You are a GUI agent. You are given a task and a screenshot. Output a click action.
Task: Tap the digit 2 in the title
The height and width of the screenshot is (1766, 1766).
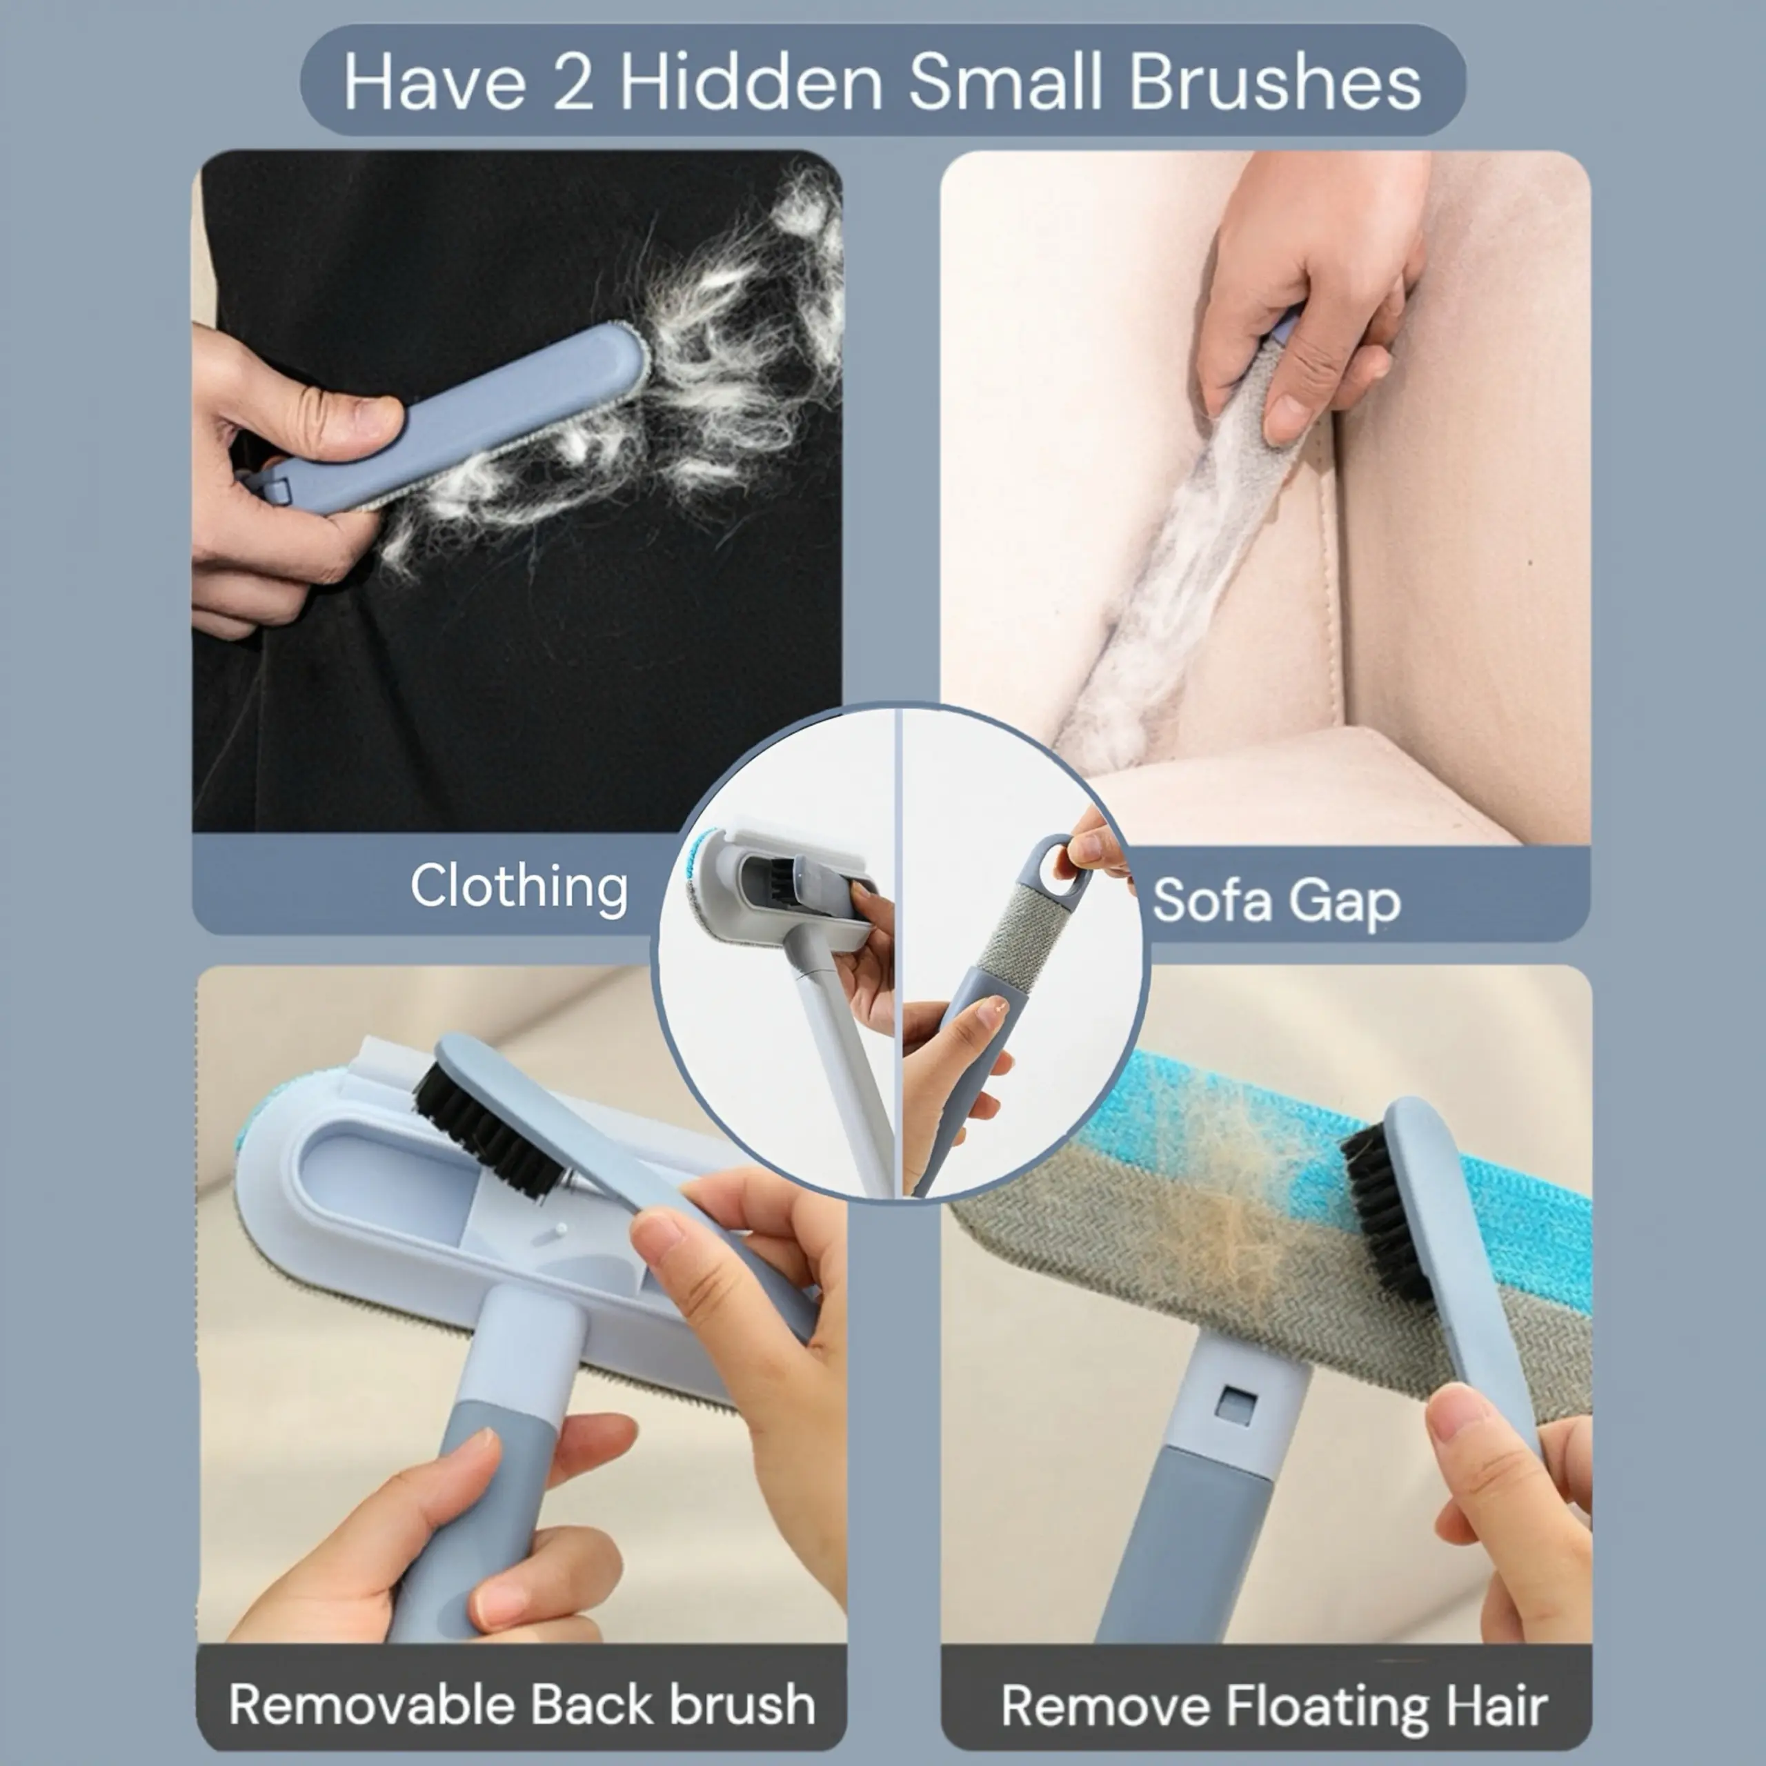pyautogui.click(x=573, y=82)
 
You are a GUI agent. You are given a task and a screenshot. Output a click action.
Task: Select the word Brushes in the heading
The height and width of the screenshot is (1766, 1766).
pyautogui.click(x=1274, y=81)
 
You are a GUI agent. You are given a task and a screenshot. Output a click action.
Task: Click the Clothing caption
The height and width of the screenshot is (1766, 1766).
pyautogui.click(x=519, y=886)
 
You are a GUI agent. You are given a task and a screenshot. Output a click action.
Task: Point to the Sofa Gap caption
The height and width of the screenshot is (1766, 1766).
pyautogui.click(x=1277, y=902)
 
